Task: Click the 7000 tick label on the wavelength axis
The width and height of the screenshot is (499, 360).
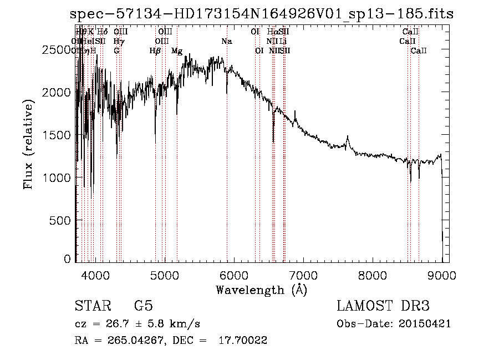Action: [x=303, y=275]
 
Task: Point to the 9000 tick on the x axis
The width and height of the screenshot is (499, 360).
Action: [x=442, y=275]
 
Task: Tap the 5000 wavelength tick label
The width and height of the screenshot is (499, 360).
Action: [x=165, y=275]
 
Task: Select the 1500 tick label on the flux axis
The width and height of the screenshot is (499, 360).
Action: [x=56, y=135]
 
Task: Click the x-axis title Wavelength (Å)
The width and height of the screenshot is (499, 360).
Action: [x=261, y=290]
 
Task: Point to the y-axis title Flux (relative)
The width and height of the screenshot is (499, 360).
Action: [x=28, y=144]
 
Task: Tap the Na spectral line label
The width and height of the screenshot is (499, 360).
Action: [x=226, y=41]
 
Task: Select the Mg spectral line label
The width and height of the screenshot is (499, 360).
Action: [x=177, y=51]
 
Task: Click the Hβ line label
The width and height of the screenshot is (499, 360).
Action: [x=155, y=51]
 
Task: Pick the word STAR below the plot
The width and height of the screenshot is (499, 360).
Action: [x=90, y=306]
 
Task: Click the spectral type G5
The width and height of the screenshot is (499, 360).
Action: [x=143, y=306]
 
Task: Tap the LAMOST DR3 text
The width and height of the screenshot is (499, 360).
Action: [x=383, y=306]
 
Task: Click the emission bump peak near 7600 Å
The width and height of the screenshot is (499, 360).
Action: [x=348, y=136]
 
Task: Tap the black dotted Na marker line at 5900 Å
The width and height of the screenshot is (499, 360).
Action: [x=227, y=166]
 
